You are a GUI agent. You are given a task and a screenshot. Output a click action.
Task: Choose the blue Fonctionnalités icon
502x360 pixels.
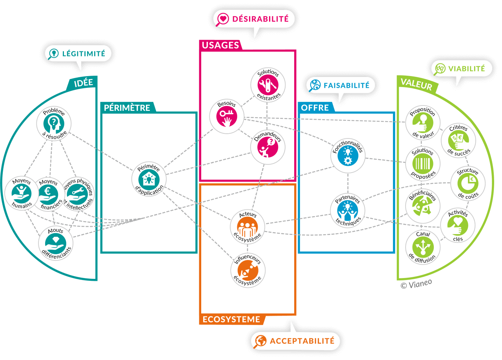point(348,156)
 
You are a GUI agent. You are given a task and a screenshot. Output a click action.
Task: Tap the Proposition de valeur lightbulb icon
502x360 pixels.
point(422,122)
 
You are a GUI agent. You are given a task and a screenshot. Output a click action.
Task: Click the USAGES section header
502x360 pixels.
point(220,45)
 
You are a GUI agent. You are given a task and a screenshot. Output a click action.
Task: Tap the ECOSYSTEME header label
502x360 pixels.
point(231,319)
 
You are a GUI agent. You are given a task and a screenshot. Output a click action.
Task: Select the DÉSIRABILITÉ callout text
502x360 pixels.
point(260,18)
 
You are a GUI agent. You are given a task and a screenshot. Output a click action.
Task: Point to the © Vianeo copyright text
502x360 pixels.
point(416,284)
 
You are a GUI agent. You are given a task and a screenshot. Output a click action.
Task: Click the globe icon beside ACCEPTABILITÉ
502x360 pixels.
point(260,341)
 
